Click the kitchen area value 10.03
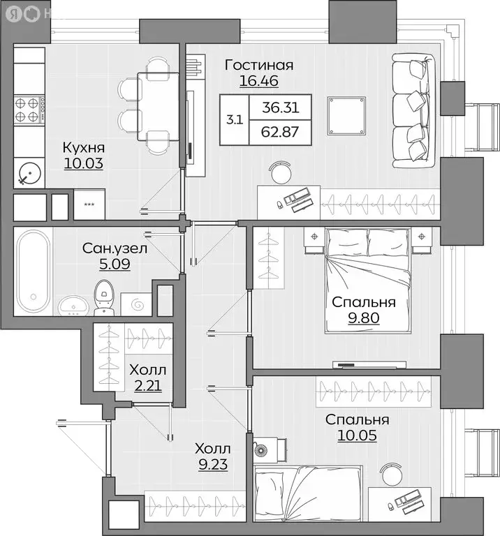83,163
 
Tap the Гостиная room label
258,66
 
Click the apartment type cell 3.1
235,119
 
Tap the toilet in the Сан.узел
103,295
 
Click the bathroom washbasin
72,305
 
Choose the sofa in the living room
414,110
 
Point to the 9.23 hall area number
212,463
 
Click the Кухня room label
83,147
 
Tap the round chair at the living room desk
282,170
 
